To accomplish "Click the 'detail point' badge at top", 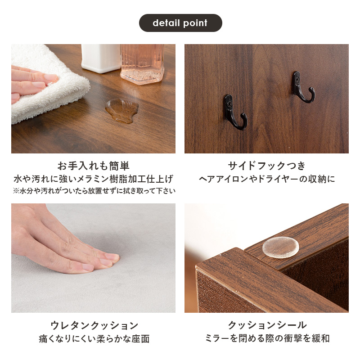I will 180,23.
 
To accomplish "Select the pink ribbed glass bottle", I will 142,63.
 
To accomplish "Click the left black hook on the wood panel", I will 235,112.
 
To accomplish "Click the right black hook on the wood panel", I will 304,87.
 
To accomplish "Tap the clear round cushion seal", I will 280,247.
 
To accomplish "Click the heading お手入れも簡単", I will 93,165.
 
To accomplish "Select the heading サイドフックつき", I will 267,165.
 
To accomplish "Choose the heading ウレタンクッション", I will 93,325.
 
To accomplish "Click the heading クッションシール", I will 267,325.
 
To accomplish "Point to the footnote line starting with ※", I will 94,191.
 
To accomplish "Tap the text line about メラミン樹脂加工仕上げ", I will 93,179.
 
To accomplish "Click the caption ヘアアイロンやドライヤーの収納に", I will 267,179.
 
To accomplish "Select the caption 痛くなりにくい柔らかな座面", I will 93,339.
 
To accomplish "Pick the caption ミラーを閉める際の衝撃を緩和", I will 267,339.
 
